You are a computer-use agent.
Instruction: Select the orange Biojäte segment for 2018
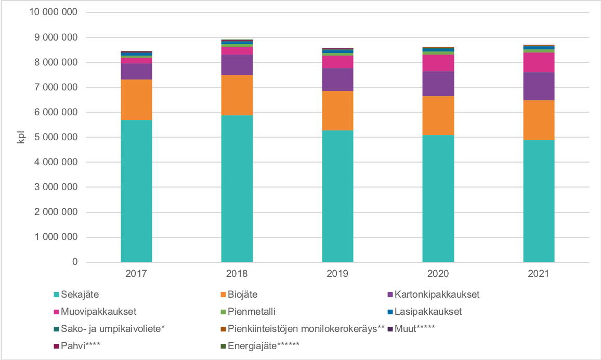[237, 95]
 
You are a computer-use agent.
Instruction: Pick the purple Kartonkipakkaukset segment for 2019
[337, 79]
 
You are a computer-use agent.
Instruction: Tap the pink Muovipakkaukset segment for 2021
[539, 63]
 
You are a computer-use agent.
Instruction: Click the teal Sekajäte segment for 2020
[438, 198]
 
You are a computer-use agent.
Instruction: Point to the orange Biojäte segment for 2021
[539, 120]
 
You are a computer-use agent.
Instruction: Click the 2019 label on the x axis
[337, 273]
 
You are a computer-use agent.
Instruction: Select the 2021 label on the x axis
[539, 273]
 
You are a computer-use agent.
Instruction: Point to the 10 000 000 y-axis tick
[51, 12]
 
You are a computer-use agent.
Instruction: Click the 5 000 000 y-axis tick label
[55, 138]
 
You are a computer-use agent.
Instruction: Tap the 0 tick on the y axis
[75, 262]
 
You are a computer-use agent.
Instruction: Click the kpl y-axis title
[21, 137]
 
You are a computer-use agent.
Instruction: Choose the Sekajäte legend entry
[78, 295]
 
